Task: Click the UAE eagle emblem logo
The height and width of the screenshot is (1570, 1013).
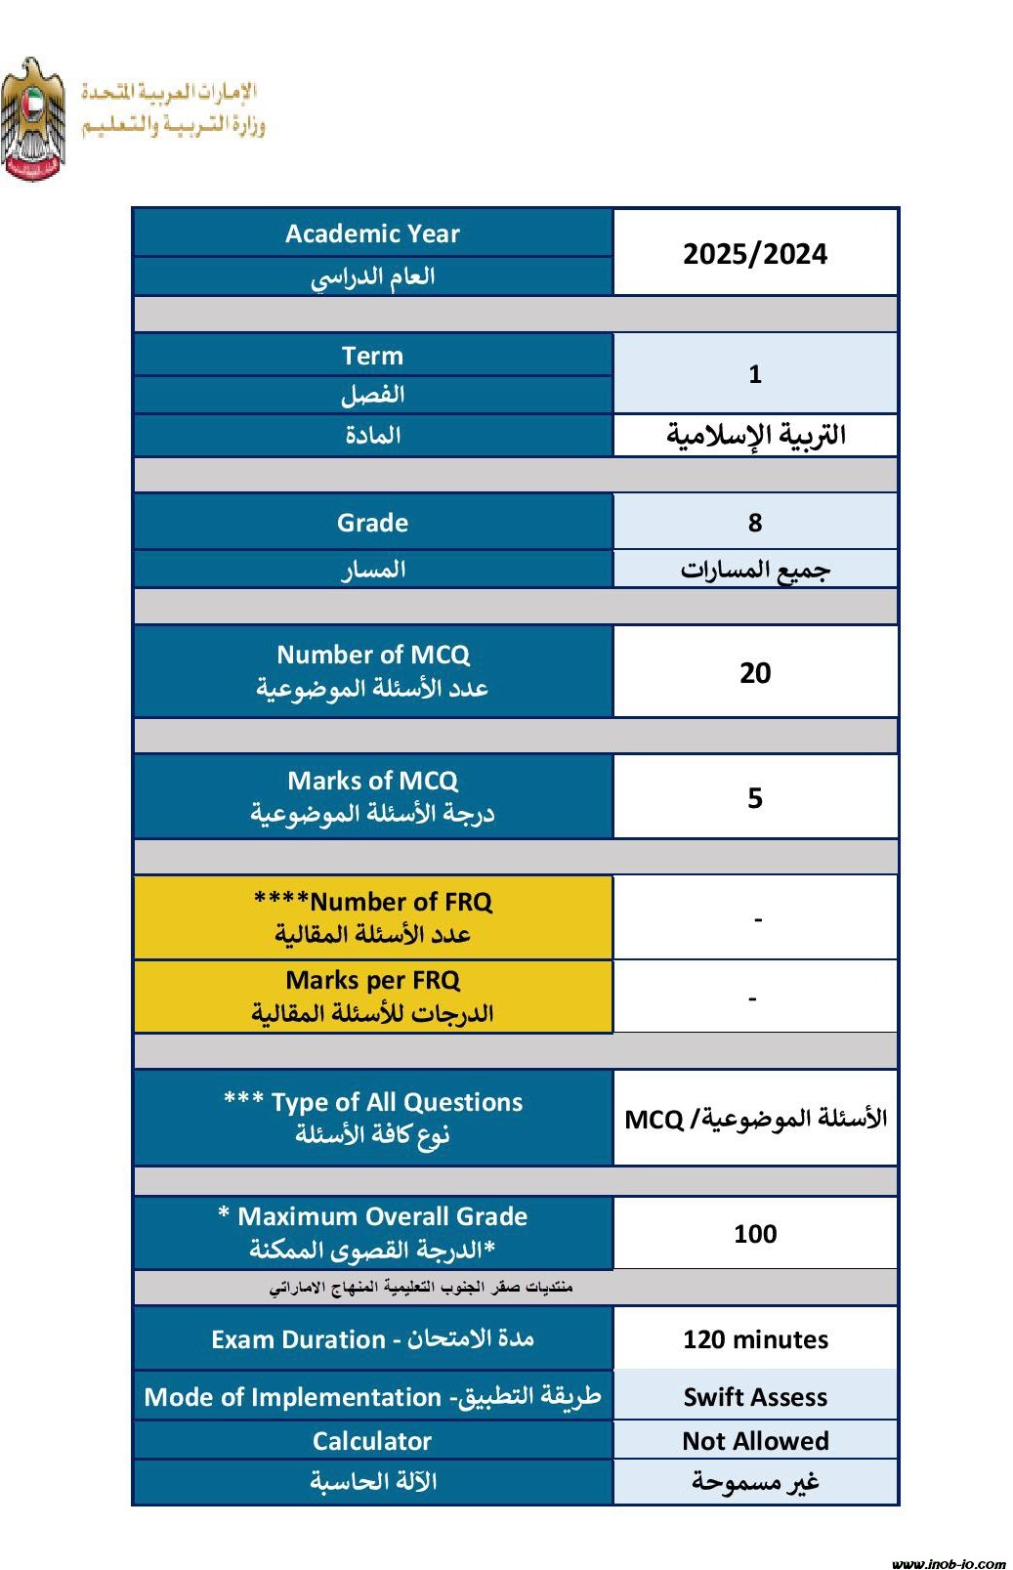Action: pos(33,119)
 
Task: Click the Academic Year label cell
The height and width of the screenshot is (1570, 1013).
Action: pos(372,233)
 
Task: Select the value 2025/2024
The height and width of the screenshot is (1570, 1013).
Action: pos(754,254)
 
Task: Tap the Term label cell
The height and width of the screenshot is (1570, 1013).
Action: pos(372,356)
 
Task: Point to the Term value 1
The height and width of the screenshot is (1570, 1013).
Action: pos(754,374)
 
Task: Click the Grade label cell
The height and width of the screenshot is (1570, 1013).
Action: pos(372,523)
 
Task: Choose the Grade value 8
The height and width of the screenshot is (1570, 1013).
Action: pos(754,523)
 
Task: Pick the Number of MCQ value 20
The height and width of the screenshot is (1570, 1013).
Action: pos(754,672)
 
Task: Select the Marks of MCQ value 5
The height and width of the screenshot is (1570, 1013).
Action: pos(754,798)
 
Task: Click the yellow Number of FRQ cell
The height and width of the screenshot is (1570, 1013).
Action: pos(372,917)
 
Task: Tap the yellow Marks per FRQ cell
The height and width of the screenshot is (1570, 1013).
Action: pos(372,997)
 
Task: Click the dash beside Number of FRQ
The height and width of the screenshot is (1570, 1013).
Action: pos(757,919)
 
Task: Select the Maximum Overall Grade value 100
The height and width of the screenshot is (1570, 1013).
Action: pos(754,1234)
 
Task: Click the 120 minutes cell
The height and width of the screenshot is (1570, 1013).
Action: pos(754,1339)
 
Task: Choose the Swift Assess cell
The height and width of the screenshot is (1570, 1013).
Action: pos(754,1397)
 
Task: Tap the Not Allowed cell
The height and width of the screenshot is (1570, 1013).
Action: pos(754,1441)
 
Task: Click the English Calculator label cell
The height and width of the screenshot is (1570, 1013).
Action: pos(372,1441)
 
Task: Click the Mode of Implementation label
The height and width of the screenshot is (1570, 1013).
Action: pos(372,1397)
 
